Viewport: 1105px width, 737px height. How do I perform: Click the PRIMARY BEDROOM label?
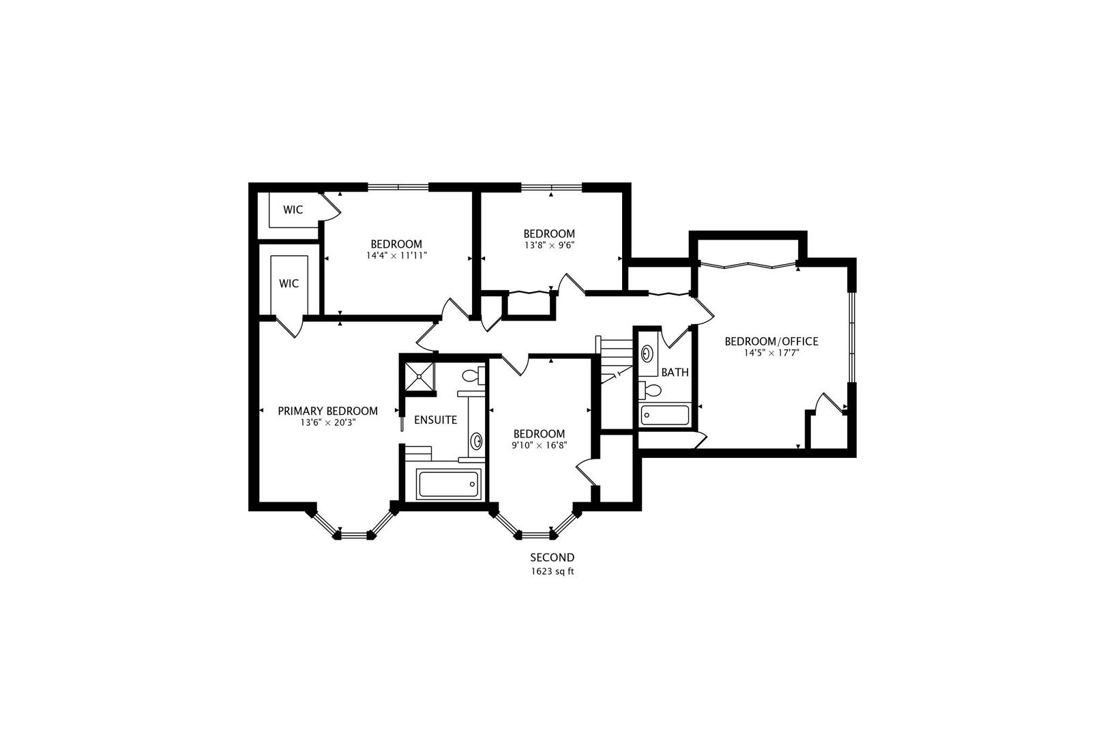[x=327, y=411]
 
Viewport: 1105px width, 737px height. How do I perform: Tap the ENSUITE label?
[x=435, y=420]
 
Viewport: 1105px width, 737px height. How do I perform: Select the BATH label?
[x=675, y=373]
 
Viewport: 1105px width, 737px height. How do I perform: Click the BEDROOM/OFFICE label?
[x=771, y=341]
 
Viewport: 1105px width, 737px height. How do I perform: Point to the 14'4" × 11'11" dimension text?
[x=396, y=256]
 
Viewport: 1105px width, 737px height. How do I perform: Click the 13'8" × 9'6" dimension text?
[x=549, y=246]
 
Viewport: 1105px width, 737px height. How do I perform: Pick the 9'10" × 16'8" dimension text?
[x=539, y=445]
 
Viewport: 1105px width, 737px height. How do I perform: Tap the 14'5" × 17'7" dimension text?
[x=771, y=353]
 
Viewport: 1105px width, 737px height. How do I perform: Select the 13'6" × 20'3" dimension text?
[x=327, y=423]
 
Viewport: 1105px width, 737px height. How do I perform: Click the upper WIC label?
[x=293, y=210]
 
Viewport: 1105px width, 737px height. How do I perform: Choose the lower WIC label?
[x=289, y=283]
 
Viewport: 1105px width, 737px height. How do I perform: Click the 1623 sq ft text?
[x=552, y=572]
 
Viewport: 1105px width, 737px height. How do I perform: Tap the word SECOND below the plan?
[x=552, y=558]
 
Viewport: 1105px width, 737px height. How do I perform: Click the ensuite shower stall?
[x=419, y=377]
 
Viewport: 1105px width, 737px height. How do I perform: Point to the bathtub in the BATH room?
[x=665, y=416]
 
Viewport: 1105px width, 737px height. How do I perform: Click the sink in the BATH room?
[x=647, y=353]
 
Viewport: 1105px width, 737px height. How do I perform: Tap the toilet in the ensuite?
[x=472, y=375]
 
